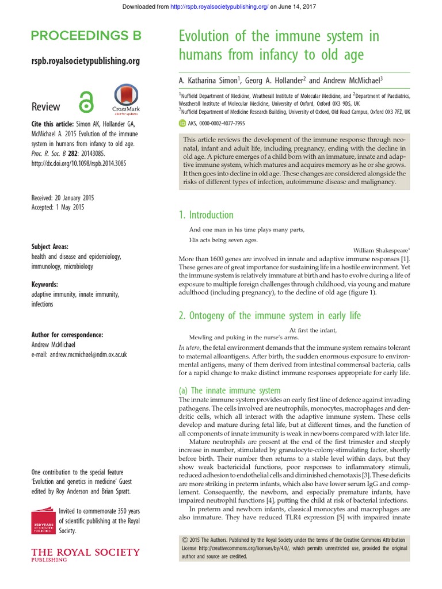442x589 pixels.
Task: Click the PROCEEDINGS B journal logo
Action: pyautogui.click(x=85, y=36)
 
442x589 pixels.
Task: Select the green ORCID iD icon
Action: pyautogui.click(x=182, y=123)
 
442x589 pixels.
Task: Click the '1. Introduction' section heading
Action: pyautogui.click(x=206, y=215)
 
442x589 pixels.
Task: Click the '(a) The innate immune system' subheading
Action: pyautogui.click(x=230, y=390)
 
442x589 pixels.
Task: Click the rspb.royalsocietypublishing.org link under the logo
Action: pyautogui.click(x=85, y=61)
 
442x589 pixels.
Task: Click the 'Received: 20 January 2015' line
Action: pyautogui.click(x=63, y=198)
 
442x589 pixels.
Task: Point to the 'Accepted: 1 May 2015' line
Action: pyautogui.click(x=58, y=208)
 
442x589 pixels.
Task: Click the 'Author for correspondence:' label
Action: pyautogui.click(x=67, y=334)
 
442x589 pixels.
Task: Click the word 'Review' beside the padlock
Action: pyautogui.click(x=45, y=106)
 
